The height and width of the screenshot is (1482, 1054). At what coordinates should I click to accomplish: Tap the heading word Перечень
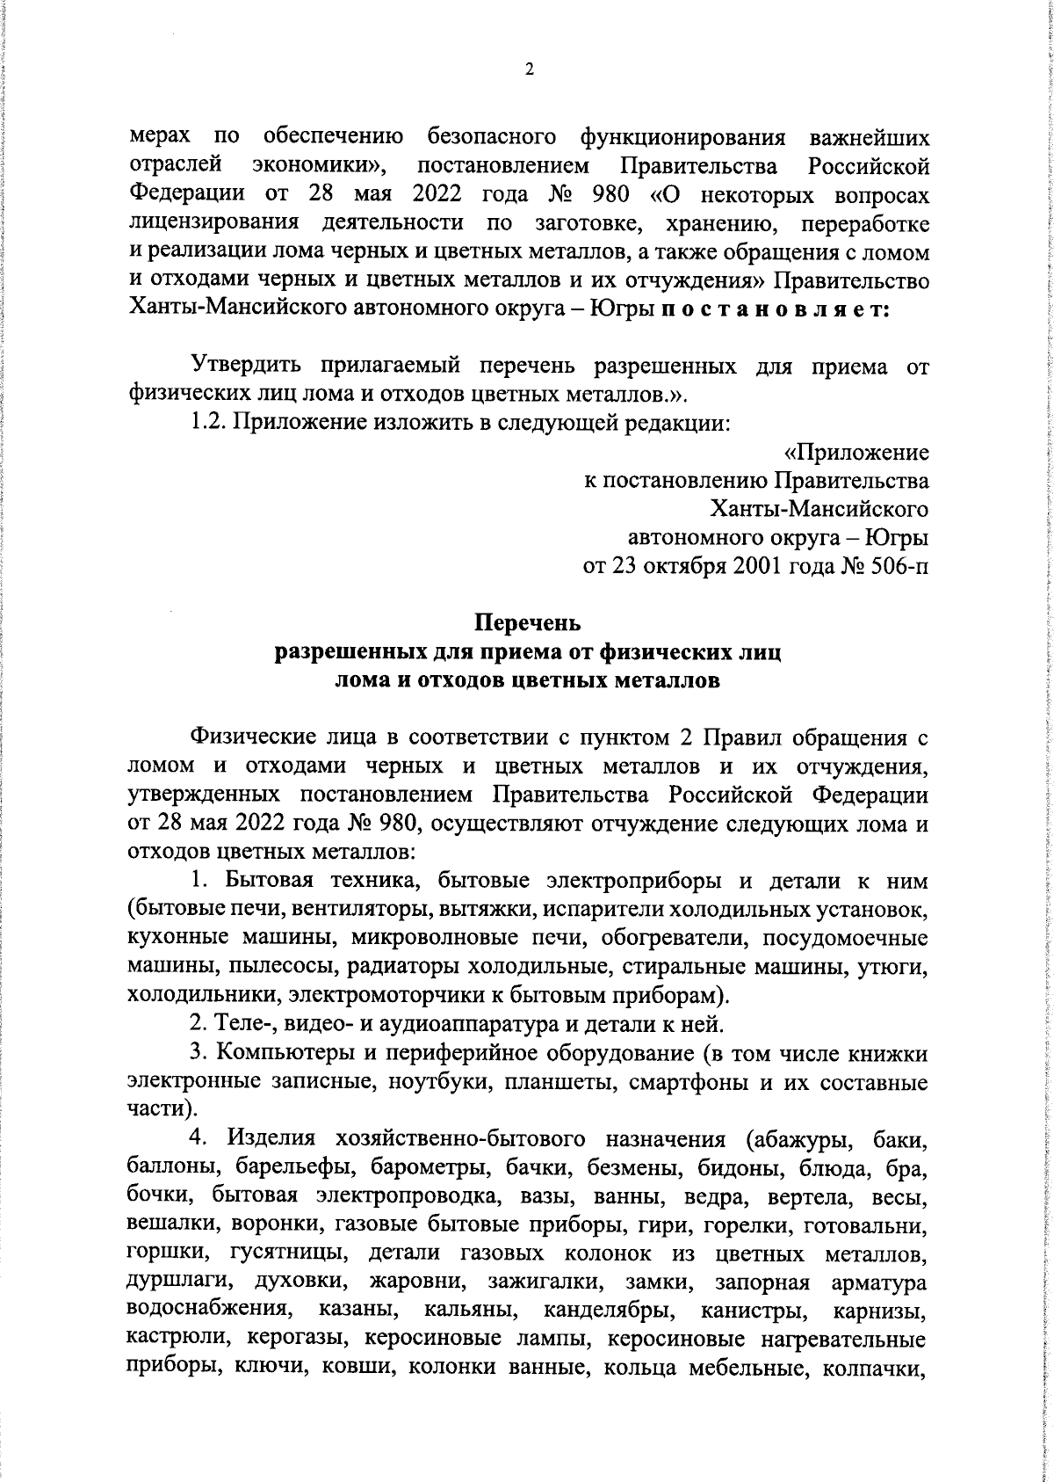528,624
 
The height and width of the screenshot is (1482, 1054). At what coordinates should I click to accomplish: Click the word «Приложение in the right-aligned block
855,453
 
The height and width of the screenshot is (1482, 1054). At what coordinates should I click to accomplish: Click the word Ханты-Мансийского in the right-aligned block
820,509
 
